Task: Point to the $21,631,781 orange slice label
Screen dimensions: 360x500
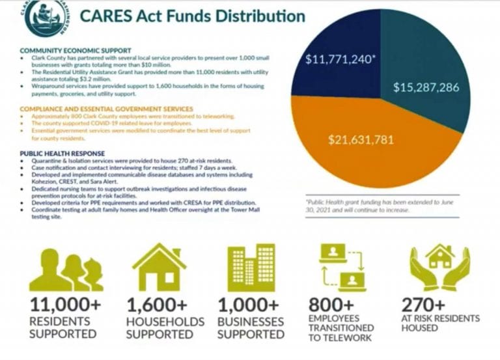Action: click(x=361, y=139)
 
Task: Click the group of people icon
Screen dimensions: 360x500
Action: click(x=65, y=270)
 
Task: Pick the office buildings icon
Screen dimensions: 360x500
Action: click(x=251, y=267)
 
